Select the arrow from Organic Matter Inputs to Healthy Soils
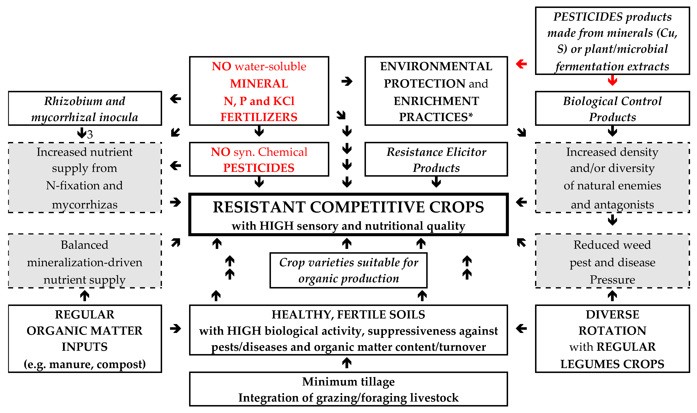pyautogui.click(x=175, y=328)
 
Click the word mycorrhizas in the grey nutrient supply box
pyautogui.click(x=85, y=205)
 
